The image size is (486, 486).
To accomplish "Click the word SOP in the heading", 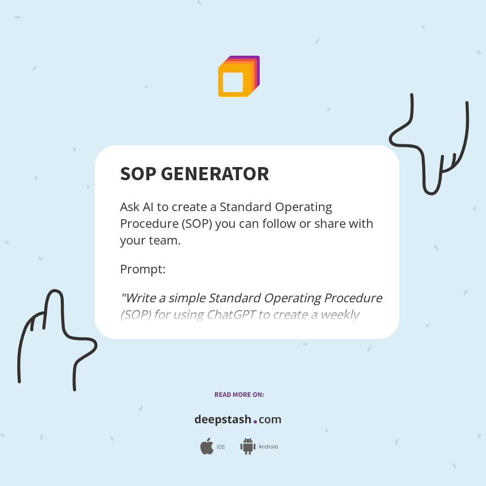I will pyautogui.click(x=138, y=174).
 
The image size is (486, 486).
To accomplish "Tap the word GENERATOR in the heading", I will pyautogui.click(x=215, y=174).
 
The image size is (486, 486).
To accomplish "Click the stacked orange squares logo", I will pyautogui.click(x=238, y=76).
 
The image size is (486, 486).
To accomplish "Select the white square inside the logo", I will pyautogui.click(x=233, y=82).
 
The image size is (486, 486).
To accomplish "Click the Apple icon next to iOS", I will pyautogui.click(x=207, y=447).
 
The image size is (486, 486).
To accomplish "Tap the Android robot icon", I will pyautogui.click(x=248, y=447).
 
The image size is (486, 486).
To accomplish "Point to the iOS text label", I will pyautogui.click(x=221, y=447).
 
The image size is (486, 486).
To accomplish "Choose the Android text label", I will pyautogui.click(x=268, y=447).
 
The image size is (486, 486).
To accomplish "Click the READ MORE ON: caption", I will pyautogui.click(x=239, y=394).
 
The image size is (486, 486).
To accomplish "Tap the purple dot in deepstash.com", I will pyautogui.click(x=255, y=421).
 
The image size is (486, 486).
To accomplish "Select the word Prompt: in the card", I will pyautogui.click(x=143, y=269).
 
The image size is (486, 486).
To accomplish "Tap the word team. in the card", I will pyautogui.click(x=164, y=240).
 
